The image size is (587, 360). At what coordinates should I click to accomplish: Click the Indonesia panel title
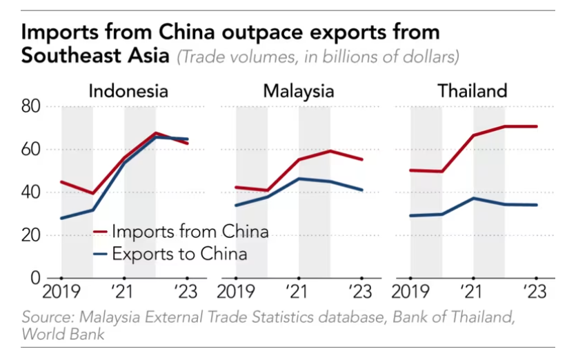coord(128,91)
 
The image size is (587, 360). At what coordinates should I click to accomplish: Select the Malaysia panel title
coord(299,91)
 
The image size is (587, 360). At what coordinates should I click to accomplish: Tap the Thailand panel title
coord(472,91)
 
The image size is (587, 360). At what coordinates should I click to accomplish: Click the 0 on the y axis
coord(34,279)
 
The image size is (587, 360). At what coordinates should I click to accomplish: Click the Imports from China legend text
coord(190,231)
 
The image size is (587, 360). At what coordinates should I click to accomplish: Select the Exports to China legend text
coord(179,254)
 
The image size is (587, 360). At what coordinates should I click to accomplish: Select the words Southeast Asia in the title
coord(95,55)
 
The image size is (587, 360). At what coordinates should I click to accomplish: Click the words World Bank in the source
coord(63,334)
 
